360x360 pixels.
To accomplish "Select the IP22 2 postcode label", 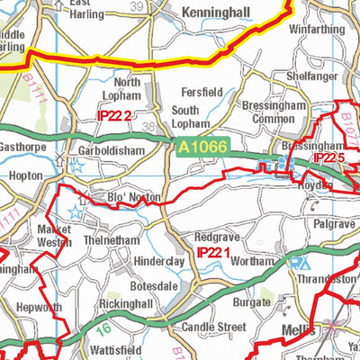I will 115,114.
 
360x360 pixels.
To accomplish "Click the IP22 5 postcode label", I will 329,157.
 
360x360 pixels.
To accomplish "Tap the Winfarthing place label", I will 317,29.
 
